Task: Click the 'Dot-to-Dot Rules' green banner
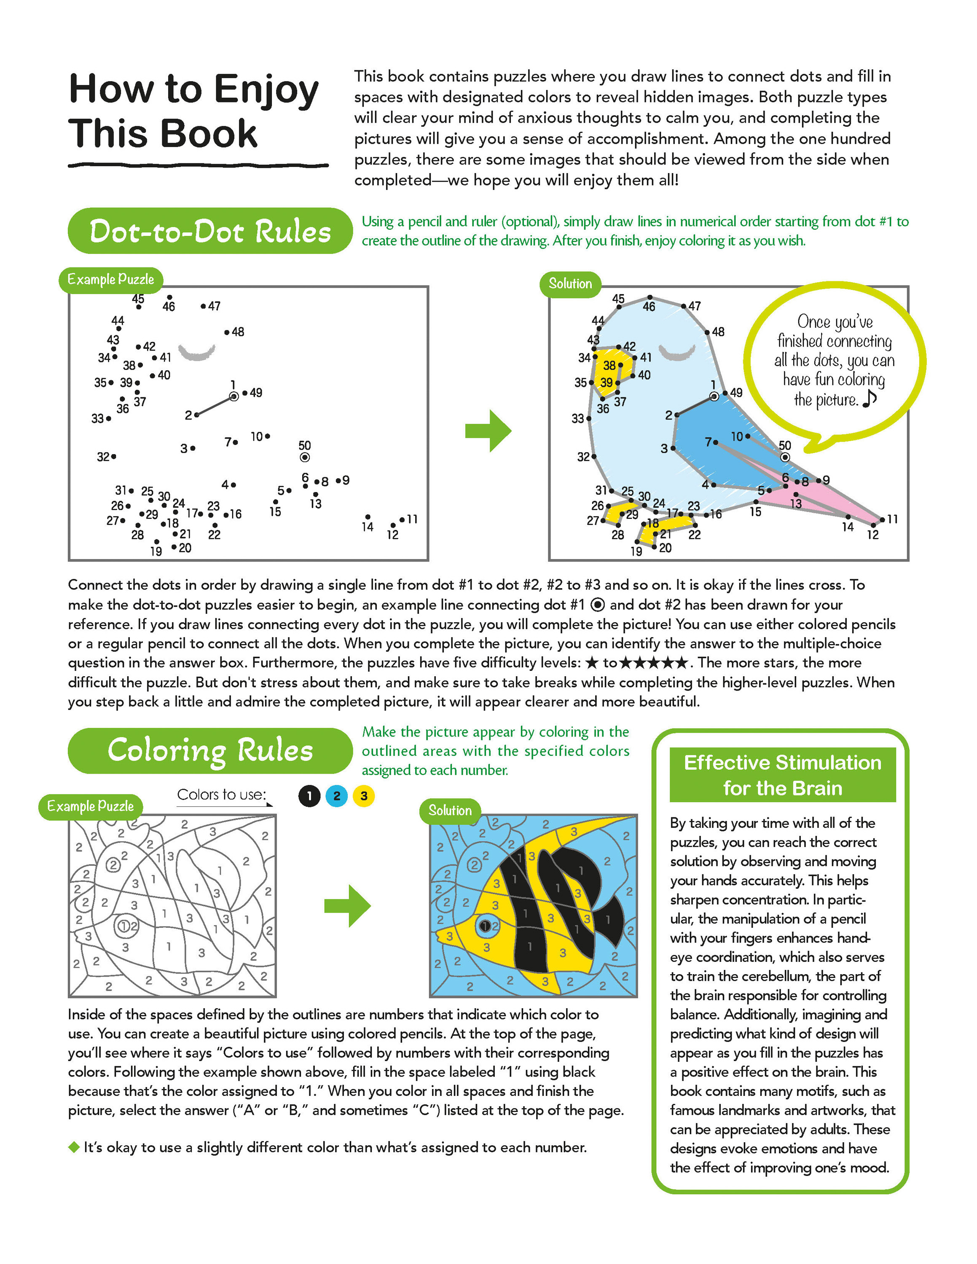209,231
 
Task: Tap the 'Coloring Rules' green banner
209,751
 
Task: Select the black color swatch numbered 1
310,796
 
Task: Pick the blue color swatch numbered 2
337,796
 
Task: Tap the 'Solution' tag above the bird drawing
570,284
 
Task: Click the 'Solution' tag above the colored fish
450,811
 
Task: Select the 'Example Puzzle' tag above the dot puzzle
110,279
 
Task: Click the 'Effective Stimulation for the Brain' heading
783,775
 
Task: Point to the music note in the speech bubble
870,398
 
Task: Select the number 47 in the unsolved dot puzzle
214,306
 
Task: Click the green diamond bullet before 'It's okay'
73,1147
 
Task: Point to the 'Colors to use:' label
221,795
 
